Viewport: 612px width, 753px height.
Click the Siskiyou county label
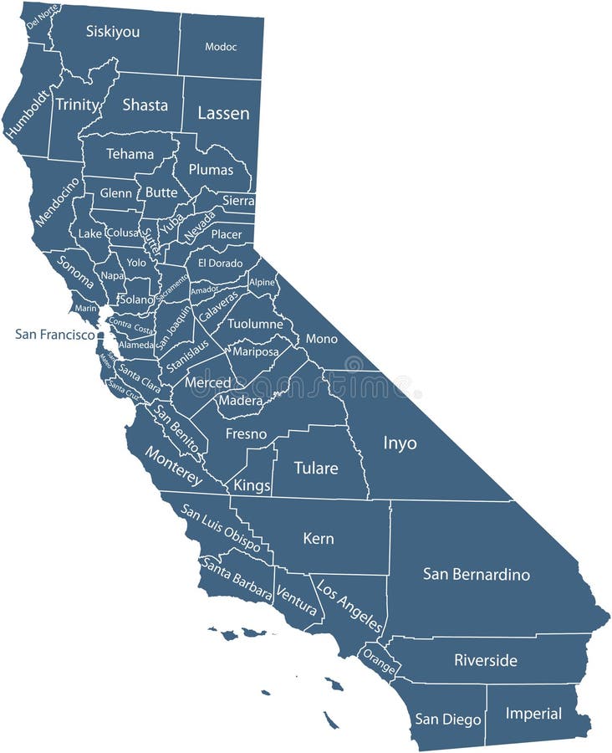(x=113, y=32)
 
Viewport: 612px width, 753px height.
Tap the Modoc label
(x=221, y=47)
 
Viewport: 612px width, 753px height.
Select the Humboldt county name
(x=25, y=114)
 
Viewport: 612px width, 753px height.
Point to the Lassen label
(x=223, y=113)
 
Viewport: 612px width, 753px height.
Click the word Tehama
(x=130, y=154)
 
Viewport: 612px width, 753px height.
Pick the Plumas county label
(x=211, y=170)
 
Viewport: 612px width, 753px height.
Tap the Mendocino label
(x=57, y=202)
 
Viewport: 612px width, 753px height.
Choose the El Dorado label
(x=219, y=262)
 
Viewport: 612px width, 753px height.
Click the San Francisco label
(x=55, y=334)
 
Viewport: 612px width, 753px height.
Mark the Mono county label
(x=322, y=339)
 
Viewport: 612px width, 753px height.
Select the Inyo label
(x=400, y=443)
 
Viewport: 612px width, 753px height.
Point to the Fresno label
(x=247, y=433)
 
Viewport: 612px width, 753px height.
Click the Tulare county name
(x=316, y=468)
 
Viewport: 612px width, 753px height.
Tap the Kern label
(x=319, y=539)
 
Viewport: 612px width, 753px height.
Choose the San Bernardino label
(x=477, y=574)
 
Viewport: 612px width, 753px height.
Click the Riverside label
(x=486, y=660)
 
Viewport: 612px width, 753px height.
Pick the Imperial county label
(x=533, y=714)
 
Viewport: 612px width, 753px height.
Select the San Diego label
(x=448, y=719)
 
